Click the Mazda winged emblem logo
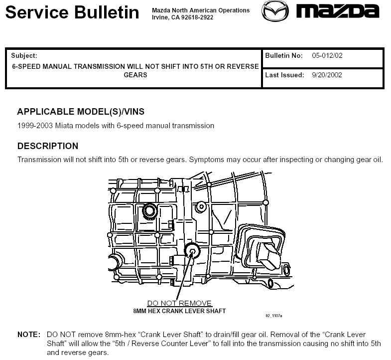click(275, 11)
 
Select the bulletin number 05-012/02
click(327, 56)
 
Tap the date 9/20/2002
click(327, 75)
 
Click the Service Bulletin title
click(72, 12)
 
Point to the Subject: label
click(24, 56)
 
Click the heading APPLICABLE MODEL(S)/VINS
click(81, 112)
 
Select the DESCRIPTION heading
click(48, 146)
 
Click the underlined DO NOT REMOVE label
click(179, 303)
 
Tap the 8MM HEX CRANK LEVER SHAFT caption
click(179, 311)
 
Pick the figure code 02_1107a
click(274, 316)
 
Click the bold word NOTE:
click(29, 335)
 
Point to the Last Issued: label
click(284, 75)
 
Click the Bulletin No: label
click(284, 56)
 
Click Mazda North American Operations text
click(201, 10)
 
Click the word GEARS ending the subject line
click(135, 75)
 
